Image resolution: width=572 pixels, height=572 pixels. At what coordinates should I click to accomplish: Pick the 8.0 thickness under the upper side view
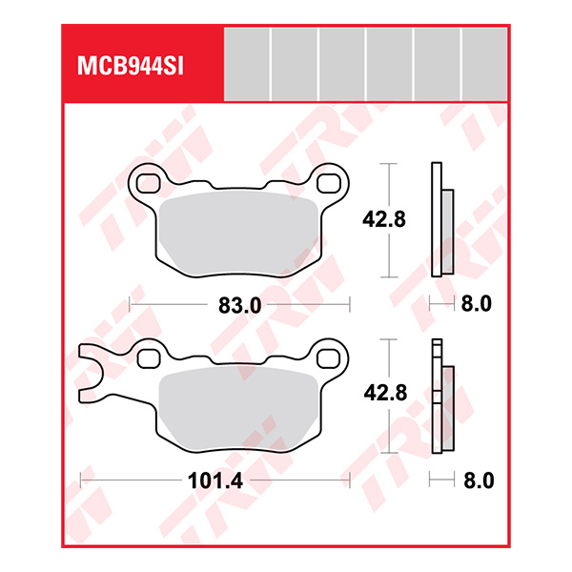[x=476, y=305]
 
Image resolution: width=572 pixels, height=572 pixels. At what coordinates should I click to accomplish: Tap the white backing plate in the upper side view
[x=438, y=219]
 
